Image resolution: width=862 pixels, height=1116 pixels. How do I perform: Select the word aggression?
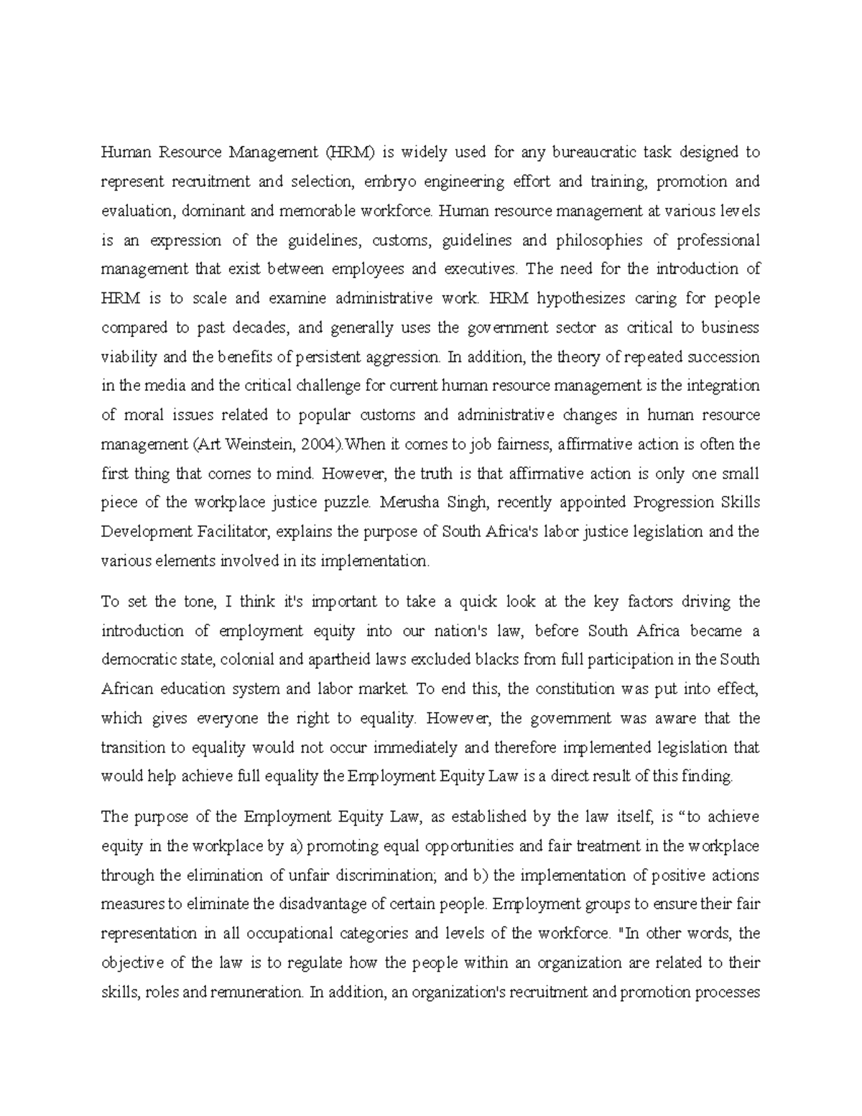[401, 357]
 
